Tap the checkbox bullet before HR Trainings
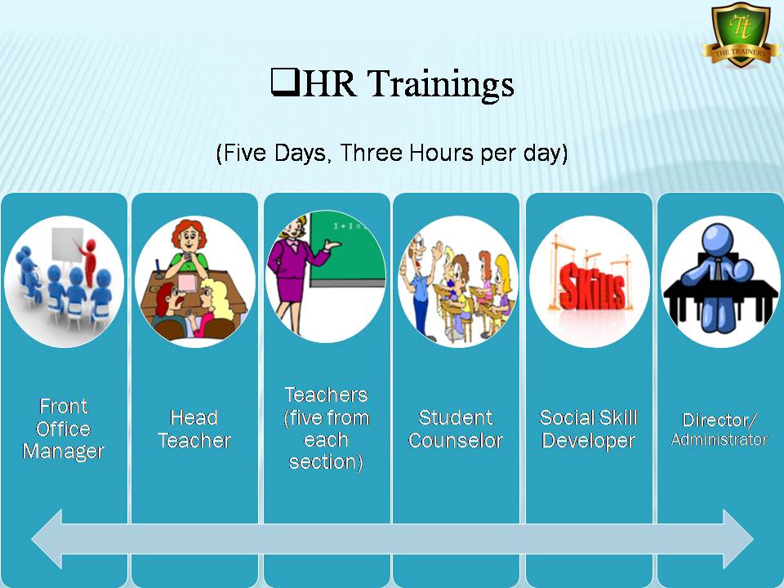(285, 82)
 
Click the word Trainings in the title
(442, 84)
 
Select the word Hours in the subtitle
(440, 153)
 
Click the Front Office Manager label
(64, 429)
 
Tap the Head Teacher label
(194, 429)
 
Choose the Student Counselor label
(456, 429)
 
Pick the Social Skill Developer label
(589, 429)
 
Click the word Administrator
(719, 439)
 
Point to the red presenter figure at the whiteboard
(89, 261)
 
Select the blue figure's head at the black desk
(717, 238)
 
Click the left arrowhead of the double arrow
(47, 539)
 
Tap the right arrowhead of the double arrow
(738, 539)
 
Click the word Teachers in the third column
(326, 395)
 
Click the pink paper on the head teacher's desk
(188, 283)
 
